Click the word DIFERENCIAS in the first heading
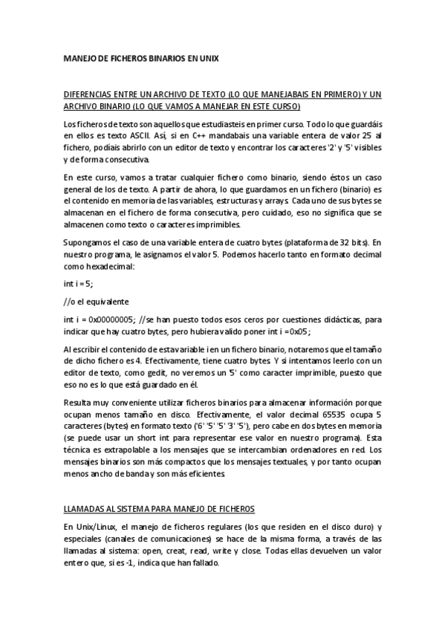(x=86, y=95)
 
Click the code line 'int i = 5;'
(x=79, y=284)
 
